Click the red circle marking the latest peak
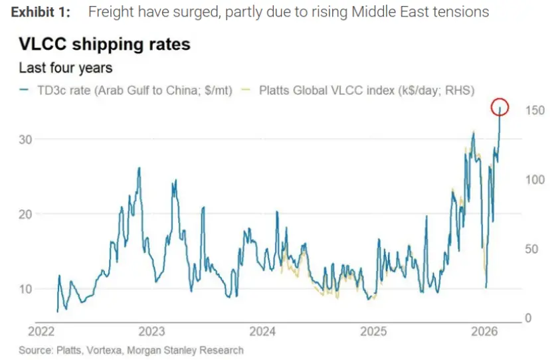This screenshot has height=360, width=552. click(500, 106)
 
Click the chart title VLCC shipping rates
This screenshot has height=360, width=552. click(104, 45)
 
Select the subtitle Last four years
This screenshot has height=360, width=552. click(65, 68)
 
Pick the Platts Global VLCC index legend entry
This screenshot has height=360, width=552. click(362, 91)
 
